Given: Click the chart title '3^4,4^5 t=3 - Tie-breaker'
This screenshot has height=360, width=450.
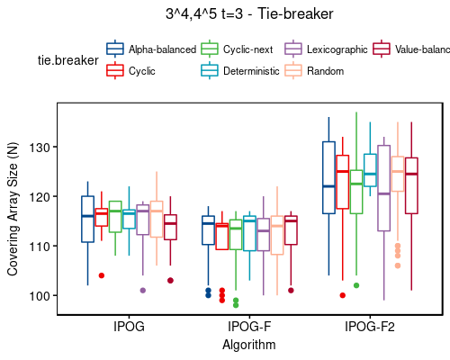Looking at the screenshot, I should [249, 13].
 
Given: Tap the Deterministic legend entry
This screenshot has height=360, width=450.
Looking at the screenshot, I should [240, 69].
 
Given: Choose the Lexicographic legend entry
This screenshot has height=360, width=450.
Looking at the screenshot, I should [329, 49].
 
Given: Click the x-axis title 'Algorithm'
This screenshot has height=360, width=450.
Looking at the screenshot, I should [249, 344].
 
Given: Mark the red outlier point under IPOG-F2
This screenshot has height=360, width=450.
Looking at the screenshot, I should [343, 295].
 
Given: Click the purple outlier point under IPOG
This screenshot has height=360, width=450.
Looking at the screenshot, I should [142, 290].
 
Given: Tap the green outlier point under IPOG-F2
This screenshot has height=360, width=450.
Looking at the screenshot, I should [356, 285].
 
